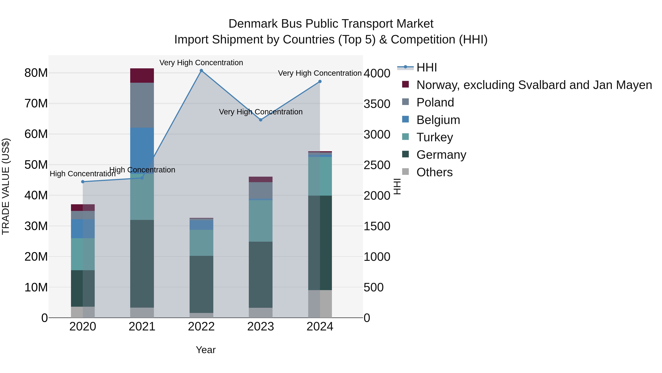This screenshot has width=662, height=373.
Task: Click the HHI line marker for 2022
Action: point(201,71)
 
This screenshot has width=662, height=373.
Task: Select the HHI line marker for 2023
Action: point(261,120)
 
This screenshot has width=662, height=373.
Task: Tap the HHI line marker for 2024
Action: point(320,81)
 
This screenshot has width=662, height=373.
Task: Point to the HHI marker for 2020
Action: point(83,182)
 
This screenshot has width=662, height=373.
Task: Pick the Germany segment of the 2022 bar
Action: point(201,284)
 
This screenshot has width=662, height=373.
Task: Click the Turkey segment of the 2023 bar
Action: point(261,221)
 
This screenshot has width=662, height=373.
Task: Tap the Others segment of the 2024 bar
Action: point(320,304)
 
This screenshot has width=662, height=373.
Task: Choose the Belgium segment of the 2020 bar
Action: point(83,229)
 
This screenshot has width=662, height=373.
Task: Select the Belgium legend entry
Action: point(438,120)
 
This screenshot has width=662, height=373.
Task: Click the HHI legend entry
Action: point(427,67)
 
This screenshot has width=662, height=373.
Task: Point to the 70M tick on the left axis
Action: point(36,104)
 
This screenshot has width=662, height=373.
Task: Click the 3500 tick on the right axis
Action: point(377,104)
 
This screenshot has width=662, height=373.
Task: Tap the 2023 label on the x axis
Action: point(261,327)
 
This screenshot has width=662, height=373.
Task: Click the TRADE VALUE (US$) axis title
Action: point(6,186)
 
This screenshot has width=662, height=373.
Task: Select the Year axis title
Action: point(206,350)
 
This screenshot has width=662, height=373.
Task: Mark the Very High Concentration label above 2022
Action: point(201,63)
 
